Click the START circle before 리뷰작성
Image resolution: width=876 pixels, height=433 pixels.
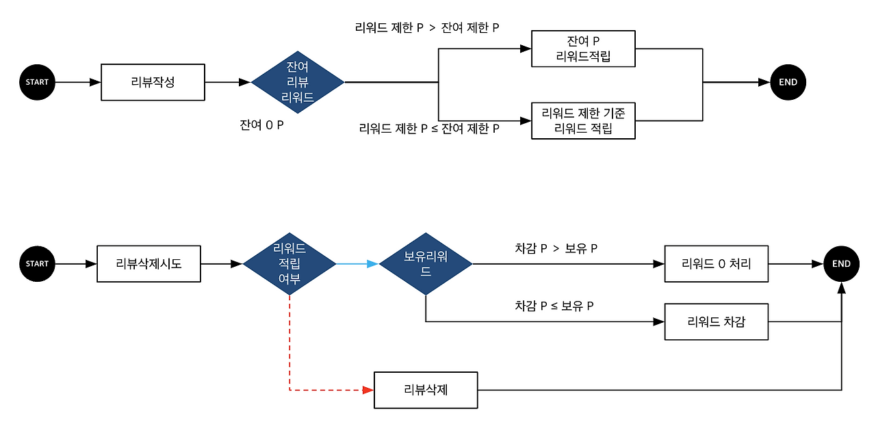point(37,82)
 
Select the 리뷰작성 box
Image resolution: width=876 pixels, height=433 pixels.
point(153,82)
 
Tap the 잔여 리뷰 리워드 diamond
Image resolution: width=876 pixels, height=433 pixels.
point(298,82)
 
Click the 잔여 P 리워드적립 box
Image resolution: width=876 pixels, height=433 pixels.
point(583,49)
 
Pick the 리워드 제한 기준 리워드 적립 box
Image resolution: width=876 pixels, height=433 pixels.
point(583,120)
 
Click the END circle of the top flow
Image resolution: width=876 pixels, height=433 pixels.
point(788,82)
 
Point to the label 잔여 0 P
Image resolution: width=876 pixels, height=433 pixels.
point(261,125)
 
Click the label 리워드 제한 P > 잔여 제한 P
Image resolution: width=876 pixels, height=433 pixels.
point(426,29)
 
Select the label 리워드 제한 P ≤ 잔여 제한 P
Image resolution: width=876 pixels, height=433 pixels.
point(429,128)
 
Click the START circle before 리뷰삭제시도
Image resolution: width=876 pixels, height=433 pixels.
point(37,263)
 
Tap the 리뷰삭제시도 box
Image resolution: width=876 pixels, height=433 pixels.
point(149,263)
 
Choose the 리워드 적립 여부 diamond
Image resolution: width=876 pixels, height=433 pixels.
point(289,263)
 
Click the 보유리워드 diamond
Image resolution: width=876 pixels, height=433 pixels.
point(426,263)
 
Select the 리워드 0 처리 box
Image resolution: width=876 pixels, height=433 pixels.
point(716,263)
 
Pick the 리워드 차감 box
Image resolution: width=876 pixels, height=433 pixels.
point(716,322)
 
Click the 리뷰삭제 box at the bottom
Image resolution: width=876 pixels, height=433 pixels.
point(426,390)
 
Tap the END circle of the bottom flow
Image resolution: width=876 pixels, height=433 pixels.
point(841,263)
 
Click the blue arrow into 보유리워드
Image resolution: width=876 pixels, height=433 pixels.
point(357,263)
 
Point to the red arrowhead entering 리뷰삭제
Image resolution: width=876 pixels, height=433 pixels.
point(368,390)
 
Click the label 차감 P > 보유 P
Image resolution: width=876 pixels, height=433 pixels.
point(556,248)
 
